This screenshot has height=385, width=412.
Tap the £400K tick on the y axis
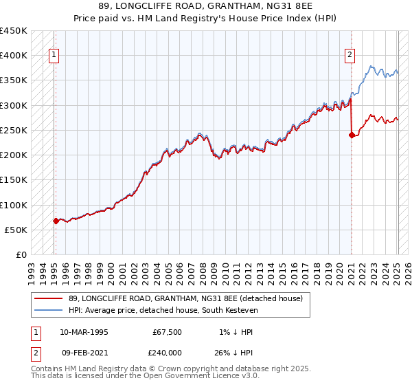[14, 56]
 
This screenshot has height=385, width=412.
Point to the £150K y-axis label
[14, 179]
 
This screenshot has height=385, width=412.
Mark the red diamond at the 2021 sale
[352, 135]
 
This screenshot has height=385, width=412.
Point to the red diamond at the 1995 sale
[56, 221]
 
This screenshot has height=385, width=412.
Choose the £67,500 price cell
[167, 332]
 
